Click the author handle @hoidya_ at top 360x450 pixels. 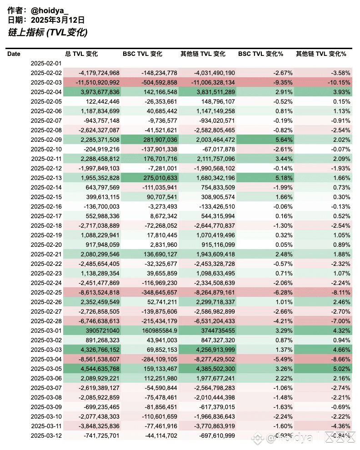click(50, 10)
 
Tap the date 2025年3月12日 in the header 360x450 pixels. click(58, 20)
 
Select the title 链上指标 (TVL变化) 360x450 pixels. click(48, 32)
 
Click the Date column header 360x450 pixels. click(14, 54)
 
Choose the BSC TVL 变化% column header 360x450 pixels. click(260, 54)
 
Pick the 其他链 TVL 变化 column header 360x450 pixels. click(203, 54)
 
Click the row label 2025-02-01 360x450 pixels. click(46, 64)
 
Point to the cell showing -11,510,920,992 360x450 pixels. click(98, 83)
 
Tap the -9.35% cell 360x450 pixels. click(283, 83)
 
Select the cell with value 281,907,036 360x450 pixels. click(160, 140)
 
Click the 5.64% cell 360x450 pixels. click(284, 140)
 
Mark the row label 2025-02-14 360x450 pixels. click(46, 187)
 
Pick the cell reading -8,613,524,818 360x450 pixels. click(99, 292)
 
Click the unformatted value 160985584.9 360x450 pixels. click(160, 330)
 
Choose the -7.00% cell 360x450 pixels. click(340, 321)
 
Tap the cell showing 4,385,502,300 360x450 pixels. click(215, 369)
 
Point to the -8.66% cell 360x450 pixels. click(340, 359)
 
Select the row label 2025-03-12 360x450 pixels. click(46, 435)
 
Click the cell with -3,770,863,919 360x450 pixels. click(215, 426)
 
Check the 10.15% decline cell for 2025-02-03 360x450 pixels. click(339, 83)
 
